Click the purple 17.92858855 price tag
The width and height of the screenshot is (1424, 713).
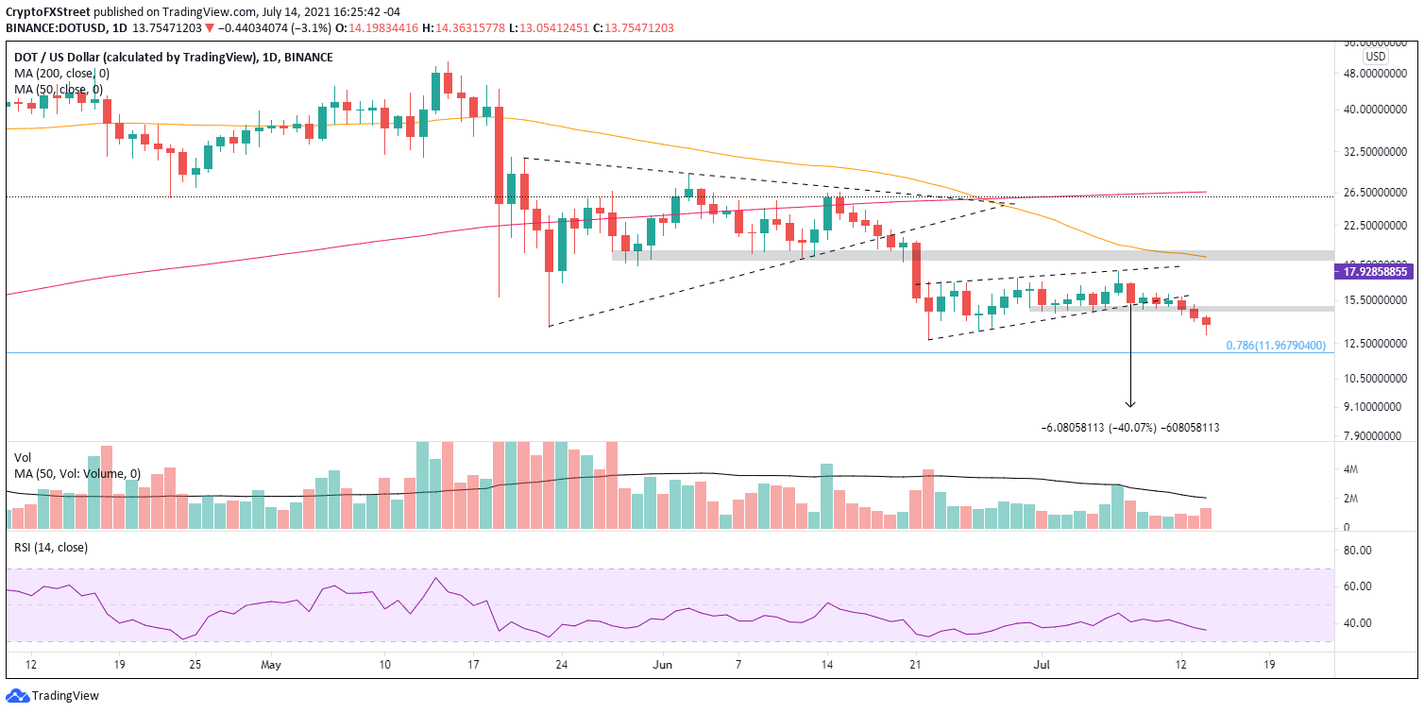pos(1373,272)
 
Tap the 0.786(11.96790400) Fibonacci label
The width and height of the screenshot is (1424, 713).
pos(1276,346)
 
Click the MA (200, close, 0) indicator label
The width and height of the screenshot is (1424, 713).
pos(62,74)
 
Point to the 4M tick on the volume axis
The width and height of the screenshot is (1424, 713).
pos(1353,469)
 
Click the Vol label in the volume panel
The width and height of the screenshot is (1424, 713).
pos(23,456)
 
